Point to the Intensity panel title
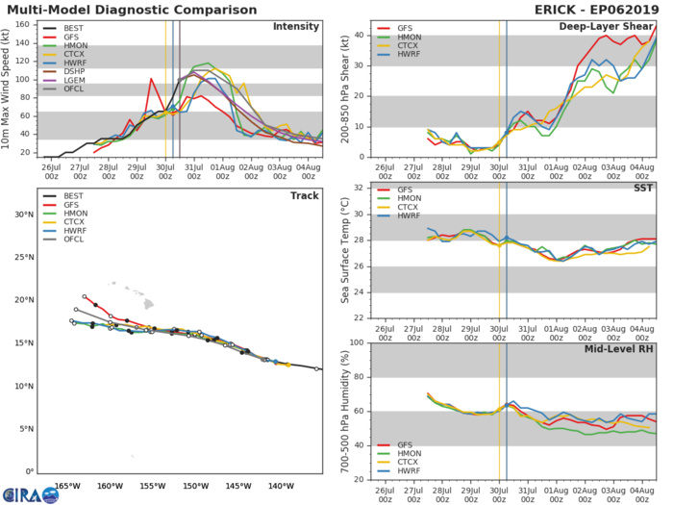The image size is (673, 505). (x=295, y=26)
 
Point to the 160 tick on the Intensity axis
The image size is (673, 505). (x=27, y=23)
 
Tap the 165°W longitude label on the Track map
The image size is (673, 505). (x=66, y=486)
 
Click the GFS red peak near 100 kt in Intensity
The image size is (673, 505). (x=151, y=79)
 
